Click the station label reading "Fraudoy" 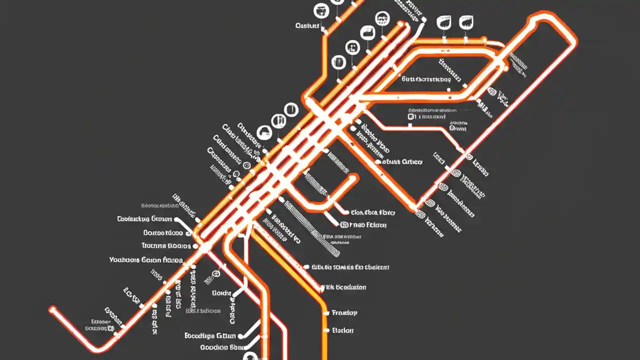(x=344, y=313)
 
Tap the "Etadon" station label (x=343, y=330)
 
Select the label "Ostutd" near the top (x=307, y=25)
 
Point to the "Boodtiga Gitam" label (x=209, y=335)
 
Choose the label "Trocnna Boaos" (x=166, y=246)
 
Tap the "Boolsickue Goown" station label (x=144, y=219)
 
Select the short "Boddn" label (x=221, y=293)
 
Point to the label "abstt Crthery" (x=402, y=161)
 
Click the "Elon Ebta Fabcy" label (x=373, y=212)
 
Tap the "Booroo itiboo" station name (x=163, y=233)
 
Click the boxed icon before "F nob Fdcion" (x=344, y=225)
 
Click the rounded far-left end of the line (x=52, y=310)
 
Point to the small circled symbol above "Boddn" (x=216, y=274)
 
